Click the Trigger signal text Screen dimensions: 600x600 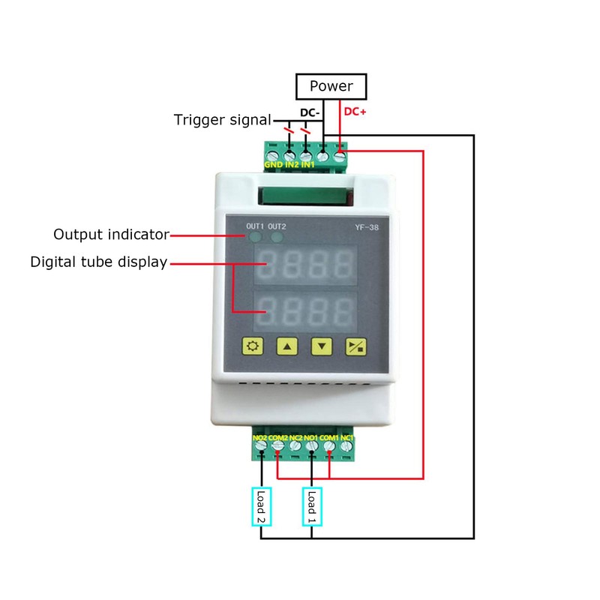pos(222,120)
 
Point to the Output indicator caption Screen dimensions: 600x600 pos(111,235)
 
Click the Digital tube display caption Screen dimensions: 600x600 pos(98,262)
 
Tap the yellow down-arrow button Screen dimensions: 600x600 pos(322,346)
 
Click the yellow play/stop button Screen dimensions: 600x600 pos(355,346)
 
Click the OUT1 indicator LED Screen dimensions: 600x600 pos(256,238)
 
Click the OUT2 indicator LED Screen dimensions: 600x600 pos(277,238)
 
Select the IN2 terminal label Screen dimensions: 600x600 pos(291,164)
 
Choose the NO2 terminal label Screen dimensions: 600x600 pos(260,437)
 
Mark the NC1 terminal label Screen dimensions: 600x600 pos(347,437)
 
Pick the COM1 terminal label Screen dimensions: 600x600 pos(330,437)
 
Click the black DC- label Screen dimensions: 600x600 pos(310,112)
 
